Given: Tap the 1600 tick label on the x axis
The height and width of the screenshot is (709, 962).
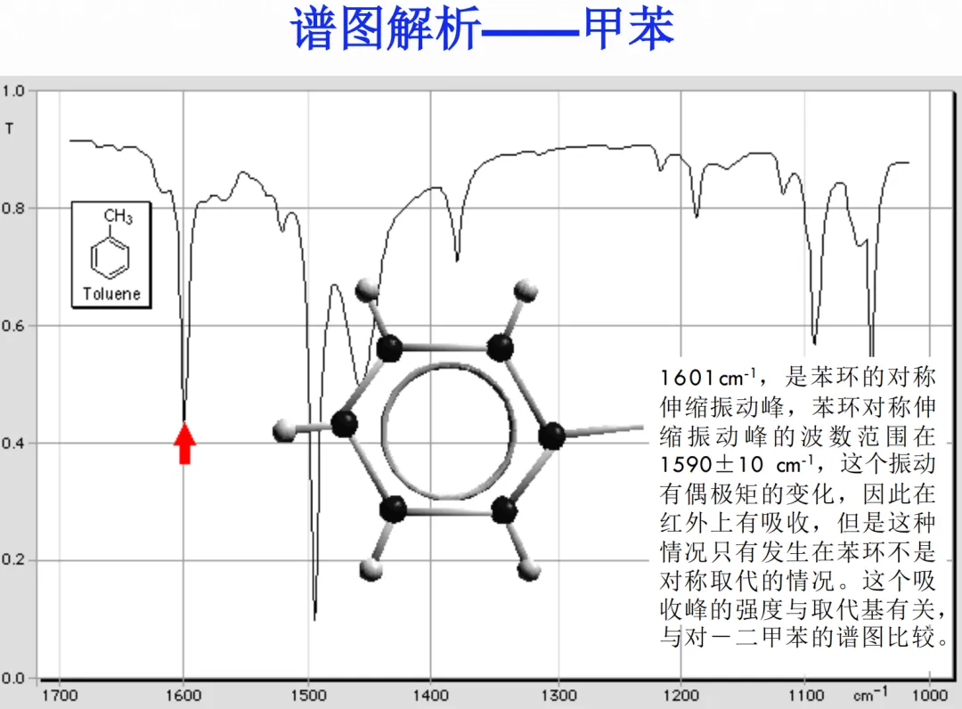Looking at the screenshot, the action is (x=183, y=696).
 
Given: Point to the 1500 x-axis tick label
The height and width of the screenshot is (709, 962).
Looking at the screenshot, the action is (x=307, y=696).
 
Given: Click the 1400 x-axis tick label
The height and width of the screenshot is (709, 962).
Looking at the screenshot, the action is (x=431, y=696).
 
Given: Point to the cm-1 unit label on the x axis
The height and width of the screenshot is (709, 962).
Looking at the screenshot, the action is (x=869, y=694).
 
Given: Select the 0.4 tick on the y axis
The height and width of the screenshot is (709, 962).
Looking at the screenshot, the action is (x=13, y=444).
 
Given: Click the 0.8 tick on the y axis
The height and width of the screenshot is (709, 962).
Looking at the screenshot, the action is (x=13, y=208).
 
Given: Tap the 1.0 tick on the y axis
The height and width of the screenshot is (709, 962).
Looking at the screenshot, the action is (x=13, y=91).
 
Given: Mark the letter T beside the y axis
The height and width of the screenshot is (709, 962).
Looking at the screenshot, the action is (x=10, y=128).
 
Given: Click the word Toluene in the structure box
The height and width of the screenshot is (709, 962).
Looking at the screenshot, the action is (x=111, y=294).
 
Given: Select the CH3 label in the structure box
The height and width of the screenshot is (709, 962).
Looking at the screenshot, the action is (x=118, y=216).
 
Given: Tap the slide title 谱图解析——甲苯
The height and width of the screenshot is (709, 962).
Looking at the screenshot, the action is (x=482, y=29).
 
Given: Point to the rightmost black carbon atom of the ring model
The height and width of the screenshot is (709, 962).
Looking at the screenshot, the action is (x=552, y=436).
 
